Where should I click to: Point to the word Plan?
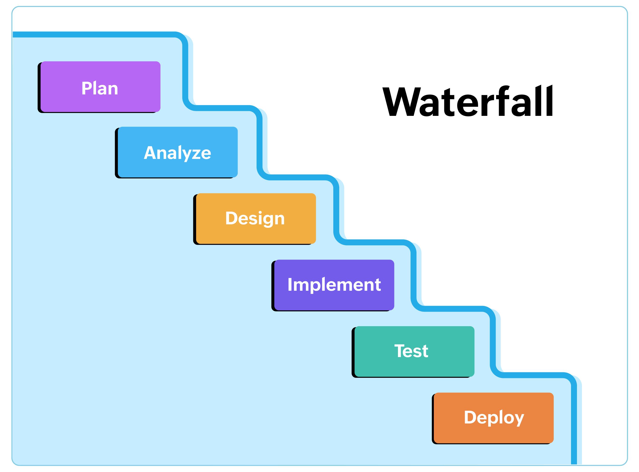[x=100, y=88]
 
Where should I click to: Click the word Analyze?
[x=177, y=153]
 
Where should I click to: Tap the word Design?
[x=255, y=219]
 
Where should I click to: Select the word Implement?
[x=334, y=285]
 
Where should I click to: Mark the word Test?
[x=411, y=351]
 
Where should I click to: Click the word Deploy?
[x=494, y=418]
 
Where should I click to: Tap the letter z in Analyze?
[x=196, y=154]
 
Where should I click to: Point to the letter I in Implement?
[x=290, y=285]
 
